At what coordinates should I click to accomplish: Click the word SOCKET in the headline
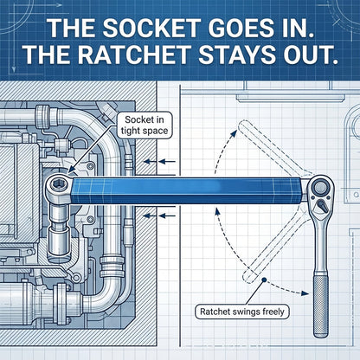(x=151, y=28)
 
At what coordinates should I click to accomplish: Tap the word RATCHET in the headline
(x=134, y=55)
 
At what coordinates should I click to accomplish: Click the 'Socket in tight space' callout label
(x=145, y=125)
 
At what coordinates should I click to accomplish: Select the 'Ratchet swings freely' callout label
(x=241, y=312)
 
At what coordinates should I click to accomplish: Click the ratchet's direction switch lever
(x=322, y=207)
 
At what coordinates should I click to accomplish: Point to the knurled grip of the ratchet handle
(x=321, y=306)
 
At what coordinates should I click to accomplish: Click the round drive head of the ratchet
(x=319, y=188)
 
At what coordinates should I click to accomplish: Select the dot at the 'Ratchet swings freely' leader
(x=264, y=280)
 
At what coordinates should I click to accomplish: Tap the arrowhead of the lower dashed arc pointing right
(x=305, y=293)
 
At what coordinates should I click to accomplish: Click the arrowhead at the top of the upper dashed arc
(x=234, y=134)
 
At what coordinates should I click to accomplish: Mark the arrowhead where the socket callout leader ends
(x=69, y=172)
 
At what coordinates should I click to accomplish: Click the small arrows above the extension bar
(x=159, y=162)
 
